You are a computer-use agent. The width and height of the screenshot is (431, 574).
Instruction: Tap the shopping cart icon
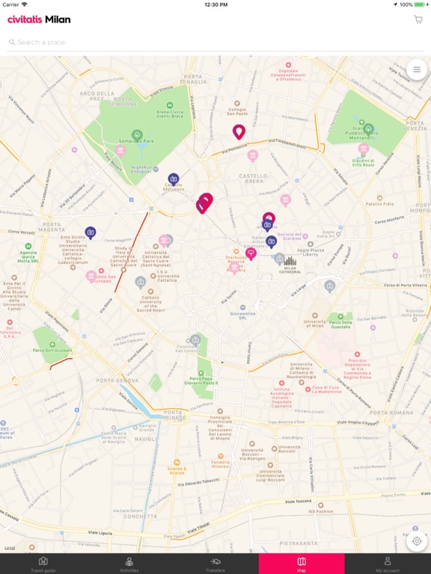pyautogui.click(x=418, y=19)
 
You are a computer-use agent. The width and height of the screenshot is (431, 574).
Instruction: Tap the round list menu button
pyautogui.click(x=417, y=70)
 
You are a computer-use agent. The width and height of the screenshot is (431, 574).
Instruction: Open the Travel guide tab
pyautogui.click(x=43, y=564)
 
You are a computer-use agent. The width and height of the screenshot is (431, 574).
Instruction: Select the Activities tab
pyautogui.click(x=129, y=564)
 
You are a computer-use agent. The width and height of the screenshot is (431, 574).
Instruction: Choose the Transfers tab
pyautogui.click(x=215, y=564)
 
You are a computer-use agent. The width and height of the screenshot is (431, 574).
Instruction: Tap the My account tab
pyautogui.click(x=388, y=564)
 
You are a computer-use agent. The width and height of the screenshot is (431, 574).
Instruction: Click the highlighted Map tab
pyautogui.click(x=302, y=564)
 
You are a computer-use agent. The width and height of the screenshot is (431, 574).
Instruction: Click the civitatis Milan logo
pyautogui.click(x=39, y=19)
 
